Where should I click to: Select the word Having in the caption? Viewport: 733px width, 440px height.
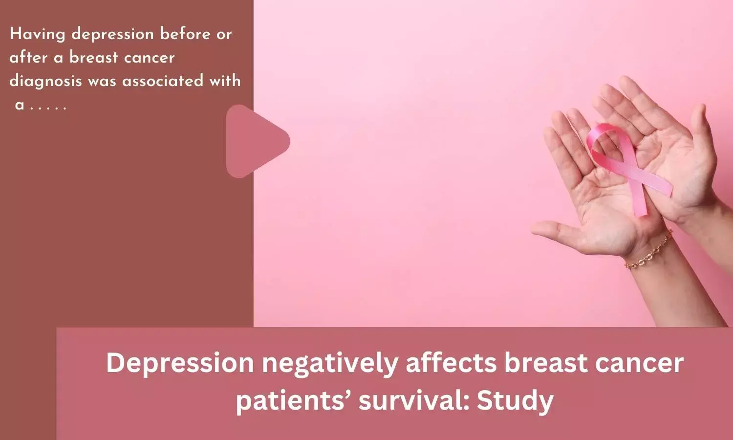pos(38,35)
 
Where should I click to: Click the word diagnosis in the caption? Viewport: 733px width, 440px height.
pos(45,81)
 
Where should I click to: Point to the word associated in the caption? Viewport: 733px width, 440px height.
pos(163,81)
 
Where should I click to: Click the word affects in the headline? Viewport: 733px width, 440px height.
pos(451,363)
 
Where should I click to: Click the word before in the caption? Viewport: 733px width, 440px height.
pos(185,34)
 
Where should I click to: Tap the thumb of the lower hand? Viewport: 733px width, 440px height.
pos(556,233)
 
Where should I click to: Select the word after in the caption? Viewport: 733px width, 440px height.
pos(28,58)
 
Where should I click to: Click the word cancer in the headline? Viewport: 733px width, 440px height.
pos(639,363)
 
